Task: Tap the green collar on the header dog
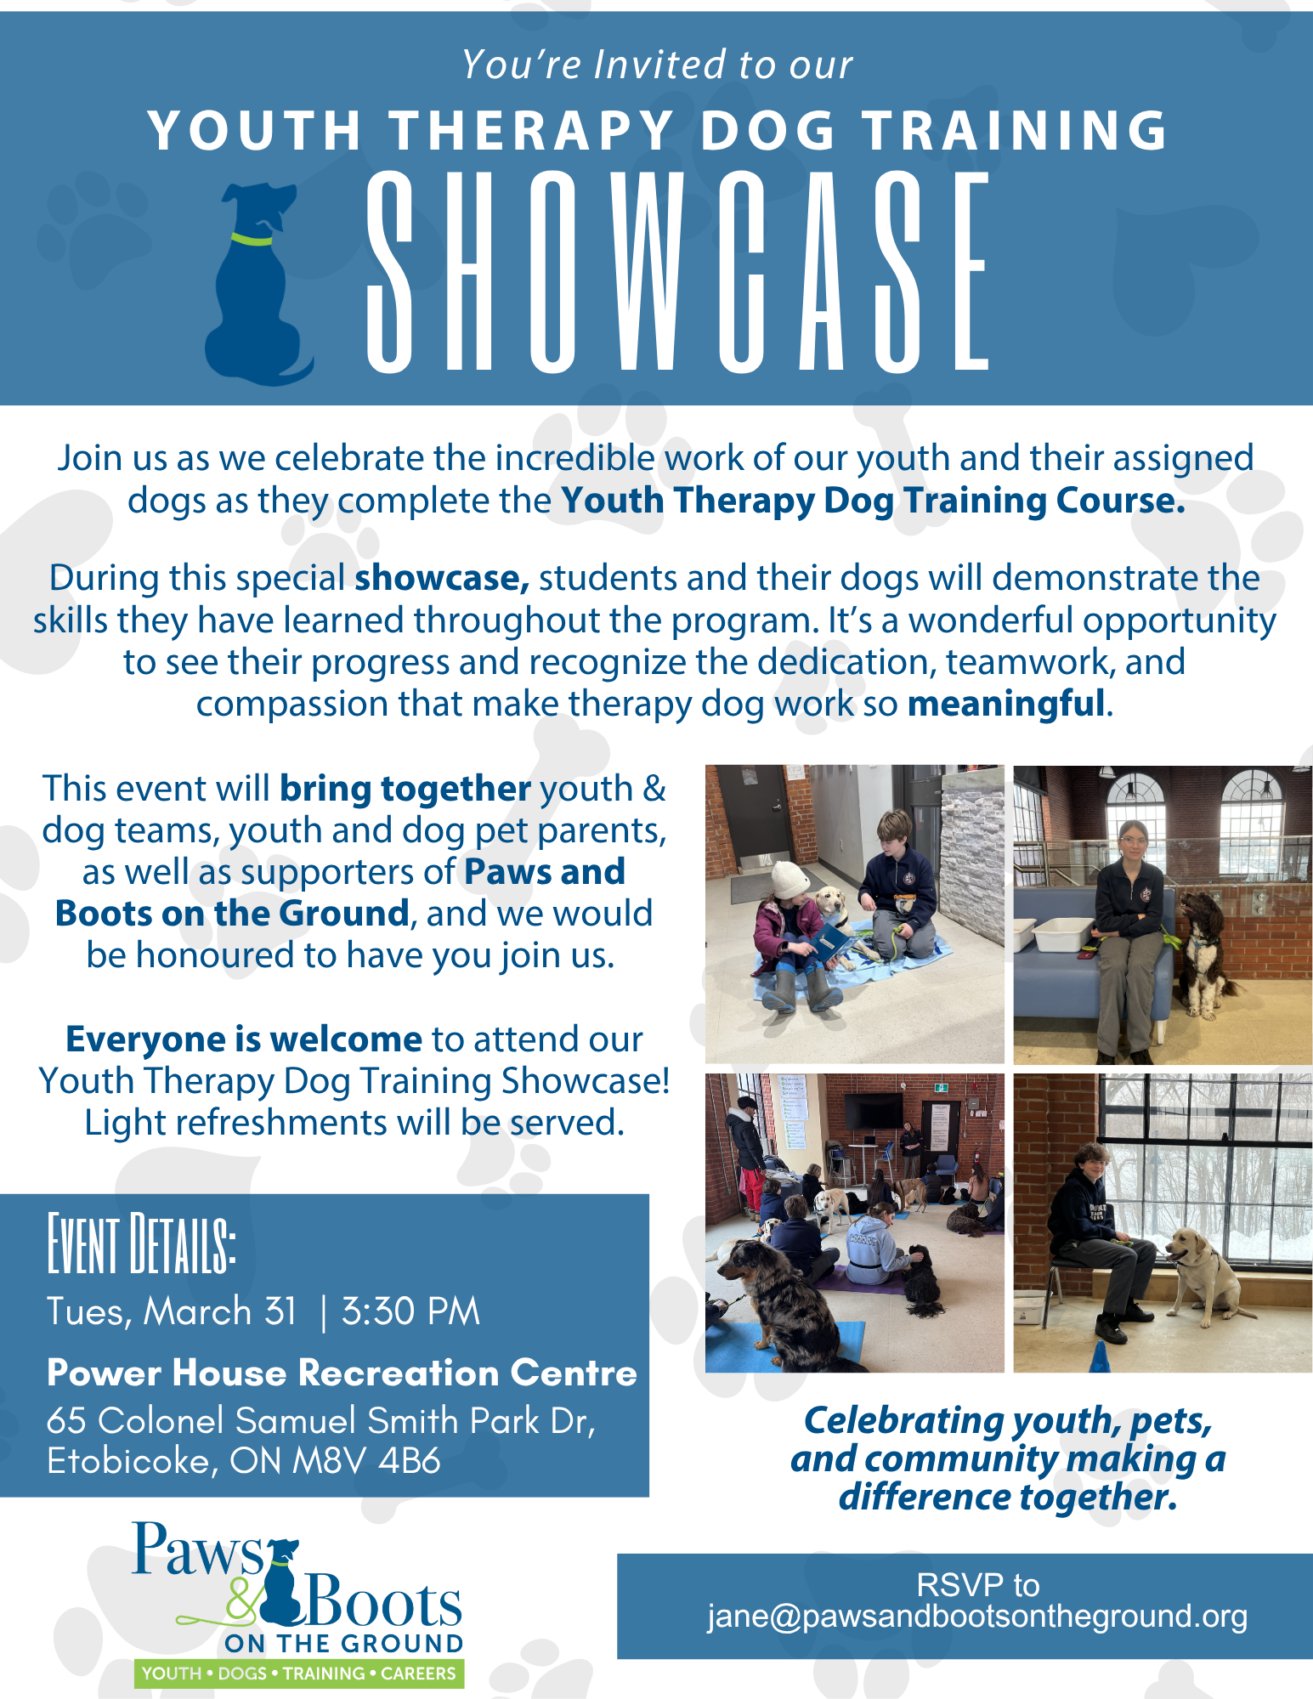pyautogui.click(x=252, y=239)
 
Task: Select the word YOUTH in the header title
pyautogui.click(x=255, y=131)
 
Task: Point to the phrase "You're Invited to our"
pyautogui.click(x=657, y=65)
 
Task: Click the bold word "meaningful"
pyautogui.click(x=1006, y=704)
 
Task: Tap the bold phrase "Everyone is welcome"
pyautogui.click(x=244, y=1039)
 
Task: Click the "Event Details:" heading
pyautogui.click(x=141, y=1244)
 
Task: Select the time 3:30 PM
pyautogui.click(x=410, y=1311)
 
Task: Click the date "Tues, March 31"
pyautogui.click(x=172, y=1312)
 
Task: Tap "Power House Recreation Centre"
pyautogui.click(x=342, y=1373)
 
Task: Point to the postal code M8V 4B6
pyautogui.click(x=366, y=1461)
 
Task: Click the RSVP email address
pyautogui.click(x=977, y=1616)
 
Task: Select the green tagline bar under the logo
pyautogui.click(x=299, y=1674)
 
